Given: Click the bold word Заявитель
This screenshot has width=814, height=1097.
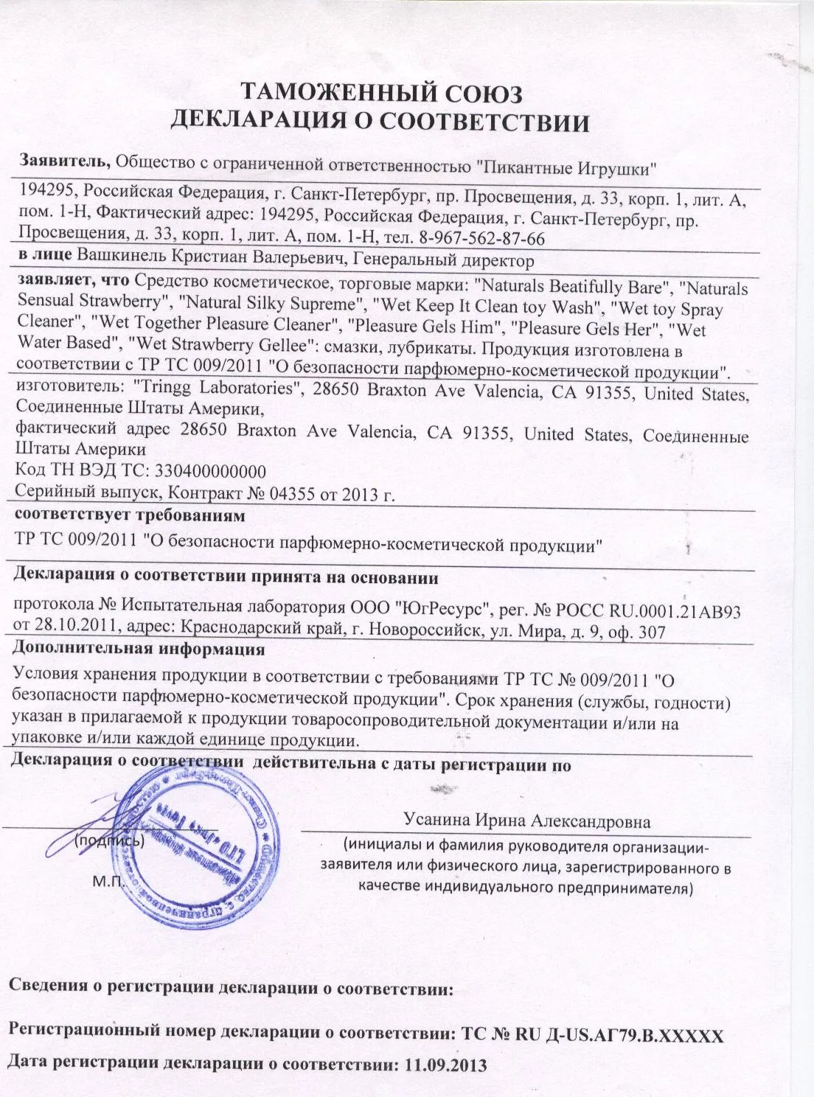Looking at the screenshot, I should pos(65,159).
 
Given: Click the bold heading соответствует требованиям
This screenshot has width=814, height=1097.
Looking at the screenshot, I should pos(130,514).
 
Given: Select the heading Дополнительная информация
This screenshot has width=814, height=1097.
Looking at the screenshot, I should pos(140,650).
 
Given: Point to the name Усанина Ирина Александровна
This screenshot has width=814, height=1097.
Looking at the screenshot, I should pos(526,821).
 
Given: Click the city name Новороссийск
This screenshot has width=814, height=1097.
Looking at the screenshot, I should pos(429,632).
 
